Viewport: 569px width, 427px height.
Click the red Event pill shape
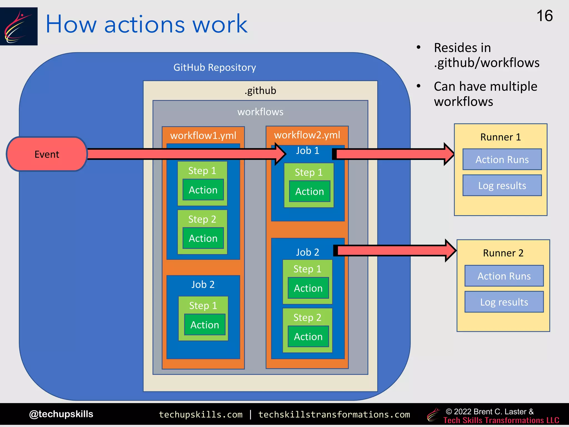[47, 154]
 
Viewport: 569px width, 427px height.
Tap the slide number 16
[544, 16]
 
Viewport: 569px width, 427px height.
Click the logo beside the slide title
[19, 26]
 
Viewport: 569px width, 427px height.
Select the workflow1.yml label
[203, 136]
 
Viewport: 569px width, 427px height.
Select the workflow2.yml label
[307, 135]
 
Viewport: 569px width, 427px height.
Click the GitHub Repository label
[214, 68]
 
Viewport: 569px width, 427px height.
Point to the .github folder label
[260, 91]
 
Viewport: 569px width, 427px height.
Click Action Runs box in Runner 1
[502, 160]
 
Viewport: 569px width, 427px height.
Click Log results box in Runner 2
[504, 302]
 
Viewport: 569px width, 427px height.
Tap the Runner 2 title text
[503, 253]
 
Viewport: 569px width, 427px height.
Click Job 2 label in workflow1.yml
[203, 284]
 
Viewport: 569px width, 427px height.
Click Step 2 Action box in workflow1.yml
[203, 238]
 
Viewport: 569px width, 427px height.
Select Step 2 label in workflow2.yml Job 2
[307, 317]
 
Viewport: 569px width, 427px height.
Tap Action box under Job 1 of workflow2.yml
[310, 192]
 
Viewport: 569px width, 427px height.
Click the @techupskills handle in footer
[61, 414]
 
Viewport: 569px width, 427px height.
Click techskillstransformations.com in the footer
[334, 414]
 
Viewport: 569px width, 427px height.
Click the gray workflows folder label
[260, 112]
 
